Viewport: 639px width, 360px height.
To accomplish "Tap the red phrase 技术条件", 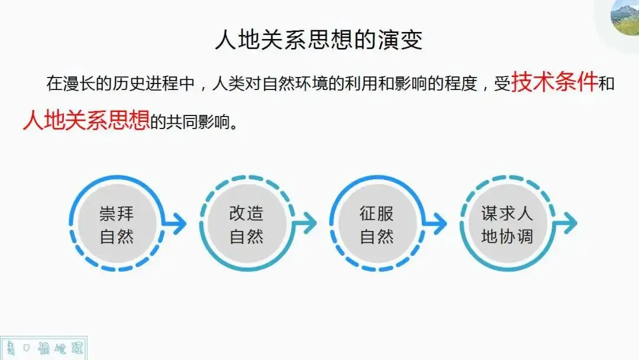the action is pyautogui.click(x=554, y=82).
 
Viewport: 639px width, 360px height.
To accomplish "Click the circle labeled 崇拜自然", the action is pyautogui.click(x=117, y=224).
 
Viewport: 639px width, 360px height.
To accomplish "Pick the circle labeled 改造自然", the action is pyautogui.click(x=247, y=224).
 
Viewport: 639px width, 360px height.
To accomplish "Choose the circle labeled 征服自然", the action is pyautogui.click(x=377, y=224).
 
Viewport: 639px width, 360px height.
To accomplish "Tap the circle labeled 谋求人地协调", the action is pyautogui.click(x=507, y=224).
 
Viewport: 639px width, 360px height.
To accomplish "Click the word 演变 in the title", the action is pyautogui.click(x=405, y=40).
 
